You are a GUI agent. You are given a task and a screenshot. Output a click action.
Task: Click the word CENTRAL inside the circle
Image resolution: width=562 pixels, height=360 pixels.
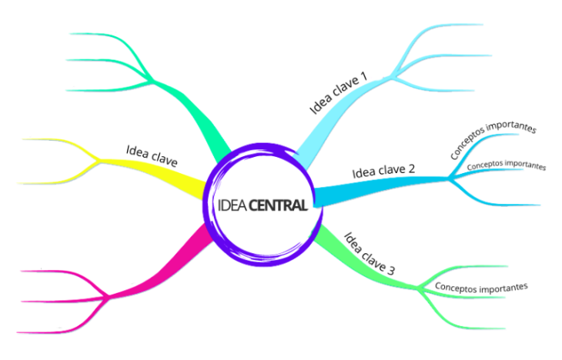(278, 205)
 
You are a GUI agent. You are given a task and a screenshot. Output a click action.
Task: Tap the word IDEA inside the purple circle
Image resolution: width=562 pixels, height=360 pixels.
(232, 205)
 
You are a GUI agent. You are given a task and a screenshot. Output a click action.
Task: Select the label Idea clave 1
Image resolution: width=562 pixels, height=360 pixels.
(339, 93)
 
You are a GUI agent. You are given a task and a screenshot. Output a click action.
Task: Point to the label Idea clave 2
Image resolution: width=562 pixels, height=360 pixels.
(383, 171)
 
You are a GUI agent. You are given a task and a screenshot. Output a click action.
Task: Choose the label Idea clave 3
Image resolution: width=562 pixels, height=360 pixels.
(370, 254)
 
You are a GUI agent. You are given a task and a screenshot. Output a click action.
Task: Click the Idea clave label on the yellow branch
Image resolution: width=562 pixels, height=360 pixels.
(152, 156)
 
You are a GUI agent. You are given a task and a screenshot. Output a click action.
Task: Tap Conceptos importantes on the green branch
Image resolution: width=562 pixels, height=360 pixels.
(481, 287)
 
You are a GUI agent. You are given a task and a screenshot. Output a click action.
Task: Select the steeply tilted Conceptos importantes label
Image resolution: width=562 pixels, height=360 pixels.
(493, 140)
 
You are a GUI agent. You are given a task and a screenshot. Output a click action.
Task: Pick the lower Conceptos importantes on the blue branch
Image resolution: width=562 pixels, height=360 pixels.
(507, 165)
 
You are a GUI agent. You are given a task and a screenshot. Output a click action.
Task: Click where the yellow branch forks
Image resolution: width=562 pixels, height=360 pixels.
(99, 162)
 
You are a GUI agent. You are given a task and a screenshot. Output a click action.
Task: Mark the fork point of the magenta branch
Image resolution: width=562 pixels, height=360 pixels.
(109, 297)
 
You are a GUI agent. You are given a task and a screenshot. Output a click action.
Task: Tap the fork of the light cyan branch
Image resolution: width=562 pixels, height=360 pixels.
(391, 78)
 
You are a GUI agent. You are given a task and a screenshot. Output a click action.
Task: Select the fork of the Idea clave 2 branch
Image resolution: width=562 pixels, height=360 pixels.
(449, 178)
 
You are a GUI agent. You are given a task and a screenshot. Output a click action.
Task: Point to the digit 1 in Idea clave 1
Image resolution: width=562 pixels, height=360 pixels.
(363, 76)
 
